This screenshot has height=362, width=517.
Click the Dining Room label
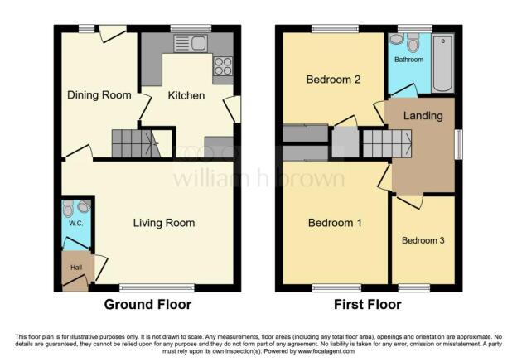99,95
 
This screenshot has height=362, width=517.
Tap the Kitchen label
186,95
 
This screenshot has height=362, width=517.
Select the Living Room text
164,223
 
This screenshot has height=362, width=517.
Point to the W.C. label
76,223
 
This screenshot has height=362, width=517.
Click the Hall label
76,268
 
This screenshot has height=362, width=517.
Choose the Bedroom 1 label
335,223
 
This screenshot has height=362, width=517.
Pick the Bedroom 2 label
333,80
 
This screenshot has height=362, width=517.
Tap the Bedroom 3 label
423,240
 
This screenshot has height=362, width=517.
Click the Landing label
423,116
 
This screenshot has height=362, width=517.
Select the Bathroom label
408,60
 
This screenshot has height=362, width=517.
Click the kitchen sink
191,44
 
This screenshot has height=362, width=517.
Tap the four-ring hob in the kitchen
223,66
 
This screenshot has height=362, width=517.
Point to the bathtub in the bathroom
442,64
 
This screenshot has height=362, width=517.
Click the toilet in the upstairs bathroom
413,42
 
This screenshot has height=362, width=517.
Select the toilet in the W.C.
68,208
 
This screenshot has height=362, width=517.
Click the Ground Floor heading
147,304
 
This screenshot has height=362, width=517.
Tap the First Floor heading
368,304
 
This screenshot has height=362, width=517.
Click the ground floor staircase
136,143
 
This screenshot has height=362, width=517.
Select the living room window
157,288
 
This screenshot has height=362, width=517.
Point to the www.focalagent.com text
326,351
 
